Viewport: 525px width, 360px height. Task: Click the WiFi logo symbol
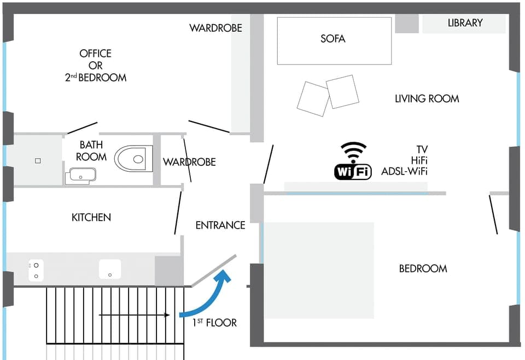click(x=353, y=161)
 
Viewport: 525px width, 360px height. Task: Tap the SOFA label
click(x=333, y=39)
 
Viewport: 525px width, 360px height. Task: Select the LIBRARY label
click(x=465, y=23)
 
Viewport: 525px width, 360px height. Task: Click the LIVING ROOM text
click(x=427, y=98)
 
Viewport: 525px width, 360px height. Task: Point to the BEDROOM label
click(x=423, y=269)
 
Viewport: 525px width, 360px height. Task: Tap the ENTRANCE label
click(x=220, y=225)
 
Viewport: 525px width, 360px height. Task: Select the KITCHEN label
click(x=91, y=218)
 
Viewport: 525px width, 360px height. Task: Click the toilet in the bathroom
click(x=133, y=159)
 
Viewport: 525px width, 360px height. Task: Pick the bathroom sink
click(x=80, y=176)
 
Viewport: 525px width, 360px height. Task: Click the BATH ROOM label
click(x=91, y=151)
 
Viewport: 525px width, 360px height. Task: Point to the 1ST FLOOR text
click(x=214, y=323)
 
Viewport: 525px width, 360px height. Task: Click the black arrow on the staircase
click(x=134, y=315)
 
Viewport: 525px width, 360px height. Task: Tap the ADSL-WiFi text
click(x=405, y=172)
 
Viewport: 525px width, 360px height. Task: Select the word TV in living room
click(x=422, y=149)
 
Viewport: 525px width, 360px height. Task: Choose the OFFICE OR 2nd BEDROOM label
click(x=96, y=65)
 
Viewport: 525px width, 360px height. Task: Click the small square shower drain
click(x=38, y=161)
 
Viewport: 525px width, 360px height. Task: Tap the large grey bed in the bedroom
click(x=319, y=270)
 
